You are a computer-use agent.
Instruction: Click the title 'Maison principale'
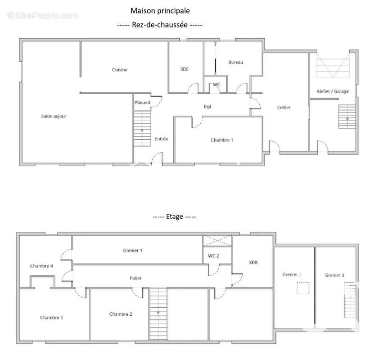click(160, 11)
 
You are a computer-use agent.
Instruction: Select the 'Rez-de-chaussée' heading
click(160, 25)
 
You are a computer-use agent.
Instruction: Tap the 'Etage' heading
click(174, 217)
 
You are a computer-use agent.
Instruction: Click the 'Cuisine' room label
click(119, 70)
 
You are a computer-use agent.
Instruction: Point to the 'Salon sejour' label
click(54, 116)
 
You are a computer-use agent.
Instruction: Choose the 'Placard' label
click(142, 103)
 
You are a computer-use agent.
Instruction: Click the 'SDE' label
click(185, 69)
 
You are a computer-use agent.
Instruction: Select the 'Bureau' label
click(236, 62)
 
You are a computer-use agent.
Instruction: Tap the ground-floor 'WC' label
click(216, 85)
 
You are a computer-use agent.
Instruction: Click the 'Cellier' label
click(284, 107)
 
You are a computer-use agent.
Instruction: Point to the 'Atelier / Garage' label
click(333, 91)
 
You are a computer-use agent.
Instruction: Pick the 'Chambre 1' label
click(222, 140)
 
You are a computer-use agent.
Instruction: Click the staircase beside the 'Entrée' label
click(142, 129)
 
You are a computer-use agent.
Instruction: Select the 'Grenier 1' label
click(133, 251)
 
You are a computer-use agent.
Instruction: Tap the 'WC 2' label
click(213, 256)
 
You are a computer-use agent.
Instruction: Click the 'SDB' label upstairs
click(253, 262)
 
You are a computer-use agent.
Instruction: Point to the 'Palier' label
click(136, 278)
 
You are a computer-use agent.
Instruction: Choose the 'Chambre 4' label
click(41, 266)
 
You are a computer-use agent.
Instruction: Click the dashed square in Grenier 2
click(303, 288)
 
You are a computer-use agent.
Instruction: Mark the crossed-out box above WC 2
click(217, 241)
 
